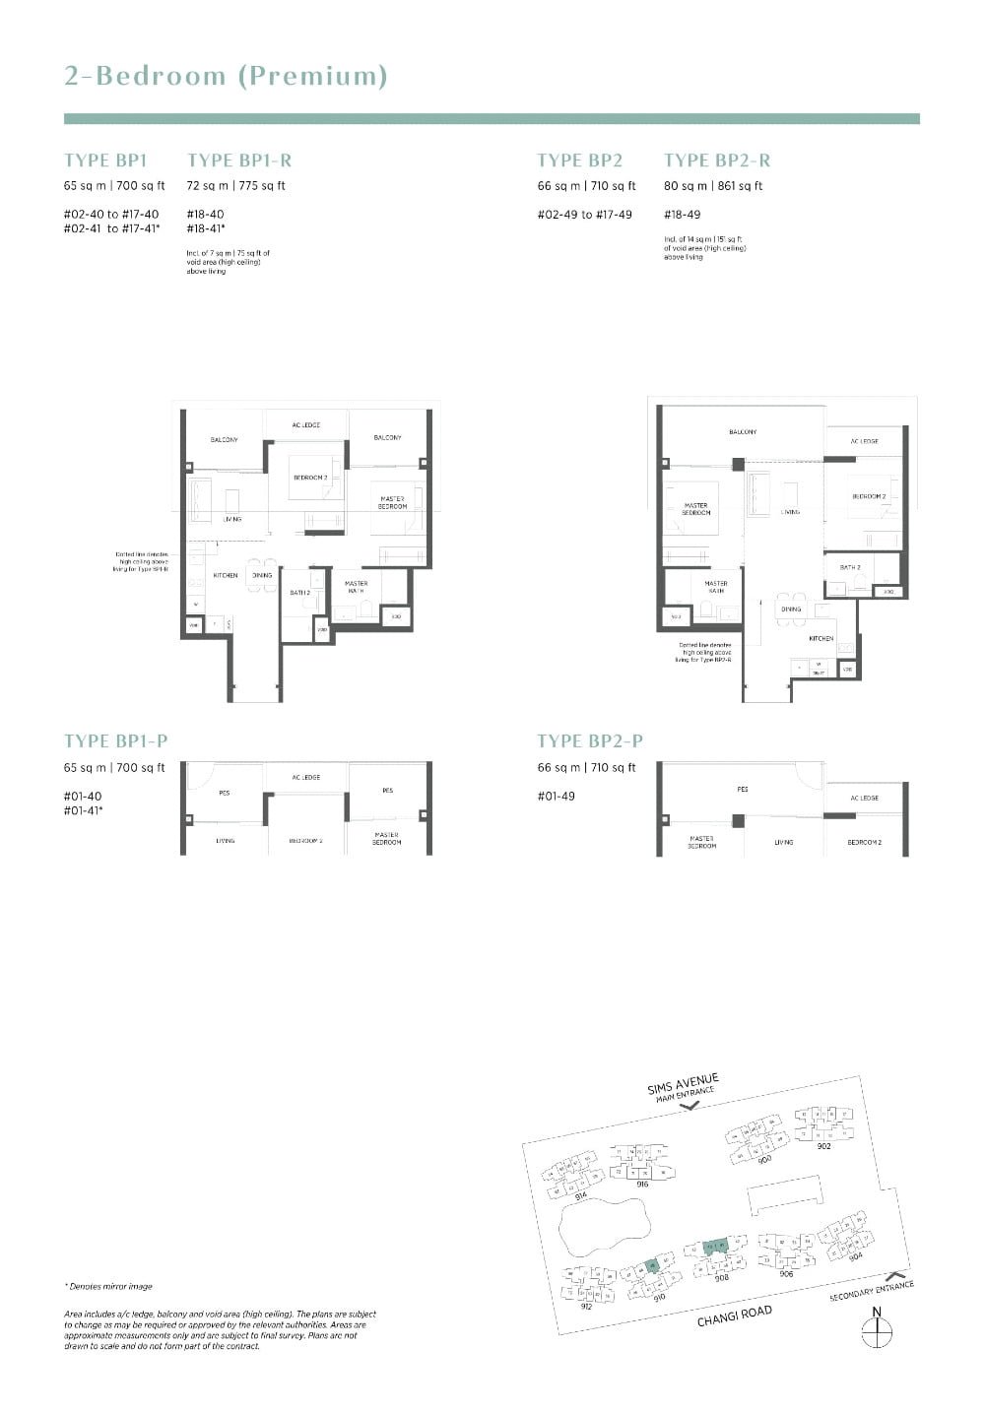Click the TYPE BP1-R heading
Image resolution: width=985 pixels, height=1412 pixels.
tap(239, 160)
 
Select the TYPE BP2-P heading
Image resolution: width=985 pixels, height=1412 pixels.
tap(589, 741)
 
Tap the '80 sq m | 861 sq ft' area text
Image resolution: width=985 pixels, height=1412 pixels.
tap(713, 186)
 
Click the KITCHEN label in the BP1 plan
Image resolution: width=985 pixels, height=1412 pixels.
tap(226, 575)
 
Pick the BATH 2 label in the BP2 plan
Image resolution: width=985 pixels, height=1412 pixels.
tap(850, 567)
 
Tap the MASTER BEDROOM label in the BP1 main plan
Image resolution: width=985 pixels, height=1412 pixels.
tap(392, 503)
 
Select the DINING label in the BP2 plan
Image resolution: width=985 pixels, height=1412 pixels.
tap(791, 610)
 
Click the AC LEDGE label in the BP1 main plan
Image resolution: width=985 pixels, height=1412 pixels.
tap(306, 425)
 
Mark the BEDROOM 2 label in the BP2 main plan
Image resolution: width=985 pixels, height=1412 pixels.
tap(869, 496)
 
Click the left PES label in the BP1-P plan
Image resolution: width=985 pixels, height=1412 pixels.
tap(225, 793)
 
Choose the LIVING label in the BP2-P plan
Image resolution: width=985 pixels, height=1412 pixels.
tap(784, 843)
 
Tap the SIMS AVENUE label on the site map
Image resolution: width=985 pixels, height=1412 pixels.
tap(683, 1083)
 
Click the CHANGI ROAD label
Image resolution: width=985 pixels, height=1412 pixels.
tap(734, 1316)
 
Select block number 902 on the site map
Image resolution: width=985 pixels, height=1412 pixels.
tap(823, 1146)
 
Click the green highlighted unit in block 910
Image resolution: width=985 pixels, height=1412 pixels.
tap(651, 1266)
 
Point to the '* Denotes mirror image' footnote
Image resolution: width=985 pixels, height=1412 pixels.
tap(108, 1286)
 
